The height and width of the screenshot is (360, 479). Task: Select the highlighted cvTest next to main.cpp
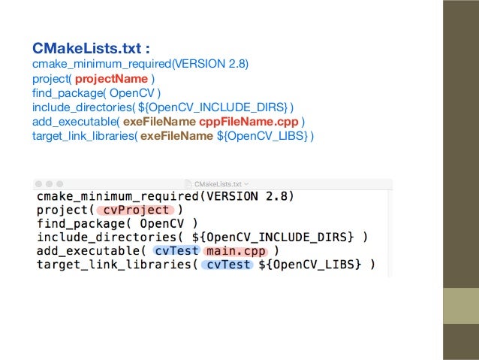[176, 251]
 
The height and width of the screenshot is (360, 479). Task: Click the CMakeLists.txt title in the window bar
[218, 183]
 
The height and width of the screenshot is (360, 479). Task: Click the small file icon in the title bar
[188, 183]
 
